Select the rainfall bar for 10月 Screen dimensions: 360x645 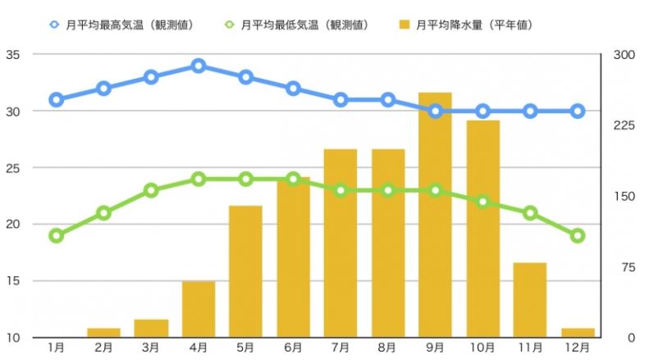pyautogui.click(x=483, y=229)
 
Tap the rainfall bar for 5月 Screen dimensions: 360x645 pyautogui.click(x=245, y=271)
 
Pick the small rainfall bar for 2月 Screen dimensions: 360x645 pyautogui.click(x=103, y=333)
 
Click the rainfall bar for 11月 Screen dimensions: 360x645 pyautogui.click(x=530, y=300)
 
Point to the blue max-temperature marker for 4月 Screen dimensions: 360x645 pyautogui.click(x=198, y=66)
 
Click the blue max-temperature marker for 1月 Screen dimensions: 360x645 pyautogui.click(x=56, y=100)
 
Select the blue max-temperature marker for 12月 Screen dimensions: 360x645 pyautogui.click(x=578, y=111)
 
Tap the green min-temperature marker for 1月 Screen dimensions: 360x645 pyautogui.click(x=56, y=235)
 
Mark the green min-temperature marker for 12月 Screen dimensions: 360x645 pyautogui.click(x=578, y=235)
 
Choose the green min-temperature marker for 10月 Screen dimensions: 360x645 pyautogui.click(x=483, y=202)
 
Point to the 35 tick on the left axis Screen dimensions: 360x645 pyautogui.click(x=16, y=55)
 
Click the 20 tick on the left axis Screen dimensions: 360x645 pyautogui.click(x=16, y=225)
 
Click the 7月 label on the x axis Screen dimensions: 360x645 pyautogui.click(x=341, y=349)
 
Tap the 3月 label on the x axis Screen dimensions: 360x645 pyautogui.click(x=151, y=349)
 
